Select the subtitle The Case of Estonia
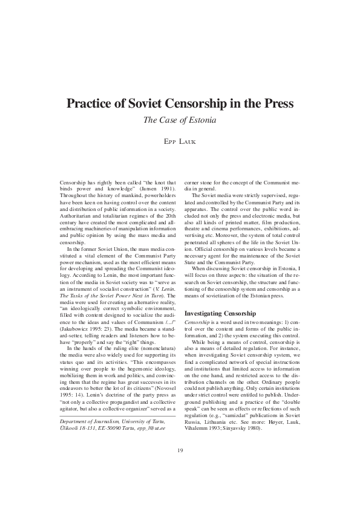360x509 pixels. [x=180, y=120]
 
